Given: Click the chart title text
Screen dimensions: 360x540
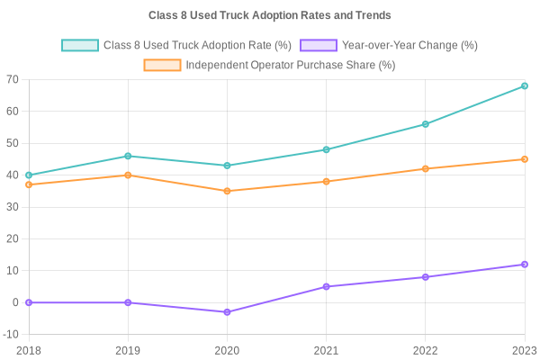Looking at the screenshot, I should click(270, 16).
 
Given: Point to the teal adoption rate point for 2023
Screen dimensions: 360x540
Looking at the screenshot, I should click(525, 86).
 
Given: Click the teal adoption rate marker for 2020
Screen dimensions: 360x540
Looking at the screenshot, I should click(227, 166).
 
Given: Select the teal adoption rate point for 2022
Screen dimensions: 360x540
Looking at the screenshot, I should click(426, 124).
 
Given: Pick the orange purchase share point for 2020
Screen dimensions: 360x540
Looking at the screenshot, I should click(227, 191).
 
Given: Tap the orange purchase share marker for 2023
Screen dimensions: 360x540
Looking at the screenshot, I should click(525, 159).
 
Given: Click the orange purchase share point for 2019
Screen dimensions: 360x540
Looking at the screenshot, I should click(128, 175).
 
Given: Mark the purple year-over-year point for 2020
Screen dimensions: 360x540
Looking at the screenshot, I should click(227, 312).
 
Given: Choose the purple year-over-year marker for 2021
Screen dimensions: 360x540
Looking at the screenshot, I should click(326, 287).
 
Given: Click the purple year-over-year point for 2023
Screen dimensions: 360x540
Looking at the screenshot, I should click(525, 265).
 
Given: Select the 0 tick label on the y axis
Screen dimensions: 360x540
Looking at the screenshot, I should click(15, 303).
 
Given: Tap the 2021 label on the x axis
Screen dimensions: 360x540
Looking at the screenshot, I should click(326, 350).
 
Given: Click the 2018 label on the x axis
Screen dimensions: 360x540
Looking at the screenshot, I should click(29, 350).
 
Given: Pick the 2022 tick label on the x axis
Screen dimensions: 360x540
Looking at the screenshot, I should click(426, 350).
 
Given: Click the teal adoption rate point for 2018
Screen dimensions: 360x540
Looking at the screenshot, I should click(29, 175).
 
